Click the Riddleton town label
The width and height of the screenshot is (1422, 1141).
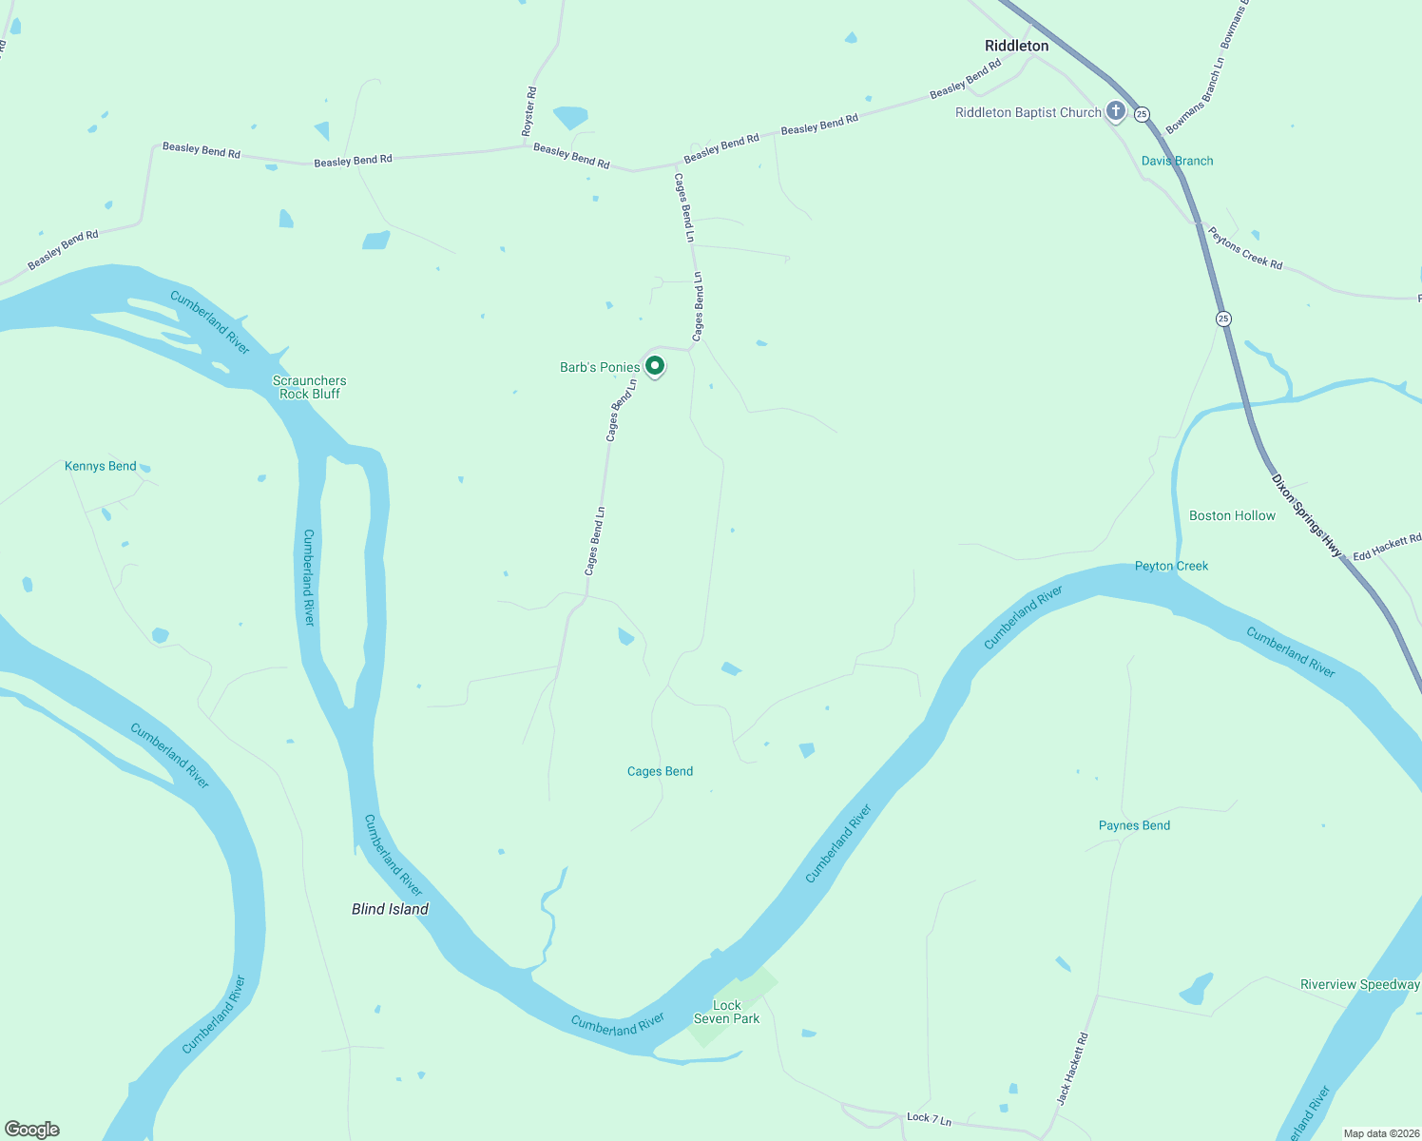[1016, 46]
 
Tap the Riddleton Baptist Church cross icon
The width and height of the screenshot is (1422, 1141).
[1116, 112]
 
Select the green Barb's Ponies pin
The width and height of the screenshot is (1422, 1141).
[655, 365]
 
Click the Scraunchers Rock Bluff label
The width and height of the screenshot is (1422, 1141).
[310, 387]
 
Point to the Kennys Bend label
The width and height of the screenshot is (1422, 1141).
[101, 466]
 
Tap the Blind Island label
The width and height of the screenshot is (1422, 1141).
[390, 909]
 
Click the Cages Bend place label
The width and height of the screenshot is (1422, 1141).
[660, 771]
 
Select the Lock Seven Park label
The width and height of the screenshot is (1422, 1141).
[727, 1012]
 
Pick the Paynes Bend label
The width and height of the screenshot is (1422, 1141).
[1134, 825]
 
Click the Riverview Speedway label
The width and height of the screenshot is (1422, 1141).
[1359, 984]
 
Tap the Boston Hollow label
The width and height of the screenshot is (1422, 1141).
[1232, 515]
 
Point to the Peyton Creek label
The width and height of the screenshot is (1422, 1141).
[1171, 566]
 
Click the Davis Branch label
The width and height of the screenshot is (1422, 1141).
[1177, 161]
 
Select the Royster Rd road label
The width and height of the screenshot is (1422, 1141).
[530, 110]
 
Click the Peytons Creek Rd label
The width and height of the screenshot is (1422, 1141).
[1244, 247]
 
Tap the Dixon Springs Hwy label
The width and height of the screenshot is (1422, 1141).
[1307, 515]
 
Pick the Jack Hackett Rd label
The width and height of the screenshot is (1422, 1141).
[1072, 1069]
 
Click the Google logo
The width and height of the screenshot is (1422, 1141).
[32, 1130]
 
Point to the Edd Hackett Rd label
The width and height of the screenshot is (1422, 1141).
[1387, 548]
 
